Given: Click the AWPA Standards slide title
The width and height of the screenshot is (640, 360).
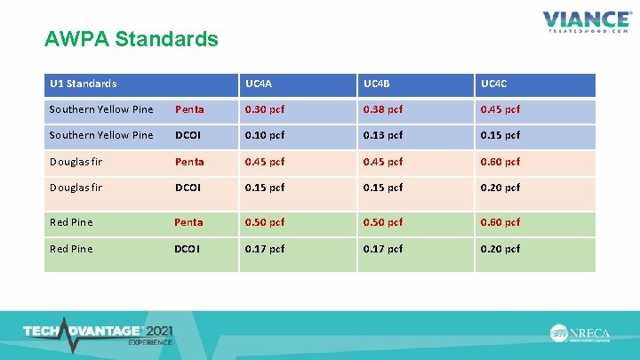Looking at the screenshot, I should pos(131,40).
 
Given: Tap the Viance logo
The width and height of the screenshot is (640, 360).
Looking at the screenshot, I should pos(587,20).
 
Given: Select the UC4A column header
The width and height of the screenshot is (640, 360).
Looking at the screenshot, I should pos(259,84).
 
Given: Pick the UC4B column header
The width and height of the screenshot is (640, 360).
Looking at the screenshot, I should pos(377,84).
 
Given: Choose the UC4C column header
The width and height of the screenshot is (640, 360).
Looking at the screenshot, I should pos(495,84).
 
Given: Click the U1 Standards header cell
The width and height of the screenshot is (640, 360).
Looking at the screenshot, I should pos(84,84).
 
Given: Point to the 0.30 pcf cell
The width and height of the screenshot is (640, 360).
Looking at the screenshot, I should pos(265,109).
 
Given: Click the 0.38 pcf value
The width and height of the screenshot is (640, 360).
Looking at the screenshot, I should pos(382,109).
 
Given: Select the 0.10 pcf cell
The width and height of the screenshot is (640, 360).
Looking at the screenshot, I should pos(265,135).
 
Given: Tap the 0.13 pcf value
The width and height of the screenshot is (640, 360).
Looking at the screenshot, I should pos(382,135).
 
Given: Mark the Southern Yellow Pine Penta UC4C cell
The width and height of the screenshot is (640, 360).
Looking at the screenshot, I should pos(500,109).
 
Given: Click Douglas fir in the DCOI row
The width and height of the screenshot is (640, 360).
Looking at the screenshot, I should pos(76,188).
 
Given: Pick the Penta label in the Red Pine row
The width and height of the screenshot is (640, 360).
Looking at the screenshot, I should pos(188,222).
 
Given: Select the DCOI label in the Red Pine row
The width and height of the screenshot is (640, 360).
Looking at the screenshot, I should pos(188,249).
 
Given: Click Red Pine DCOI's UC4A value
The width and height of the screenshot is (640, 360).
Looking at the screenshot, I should pos(265,249).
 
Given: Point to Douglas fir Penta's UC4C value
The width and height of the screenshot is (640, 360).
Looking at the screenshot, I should pos(500,162).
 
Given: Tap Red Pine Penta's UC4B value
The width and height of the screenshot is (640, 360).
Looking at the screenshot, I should pos(382,222).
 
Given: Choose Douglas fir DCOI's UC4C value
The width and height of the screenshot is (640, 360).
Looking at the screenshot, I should pos(500,188).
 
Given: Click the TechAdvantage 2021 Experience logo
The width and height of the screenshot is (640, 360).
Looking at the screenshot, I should pos(98,332).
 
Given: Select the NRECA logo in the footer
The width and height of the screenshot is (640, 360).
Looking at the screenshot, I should pos(581,333).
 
